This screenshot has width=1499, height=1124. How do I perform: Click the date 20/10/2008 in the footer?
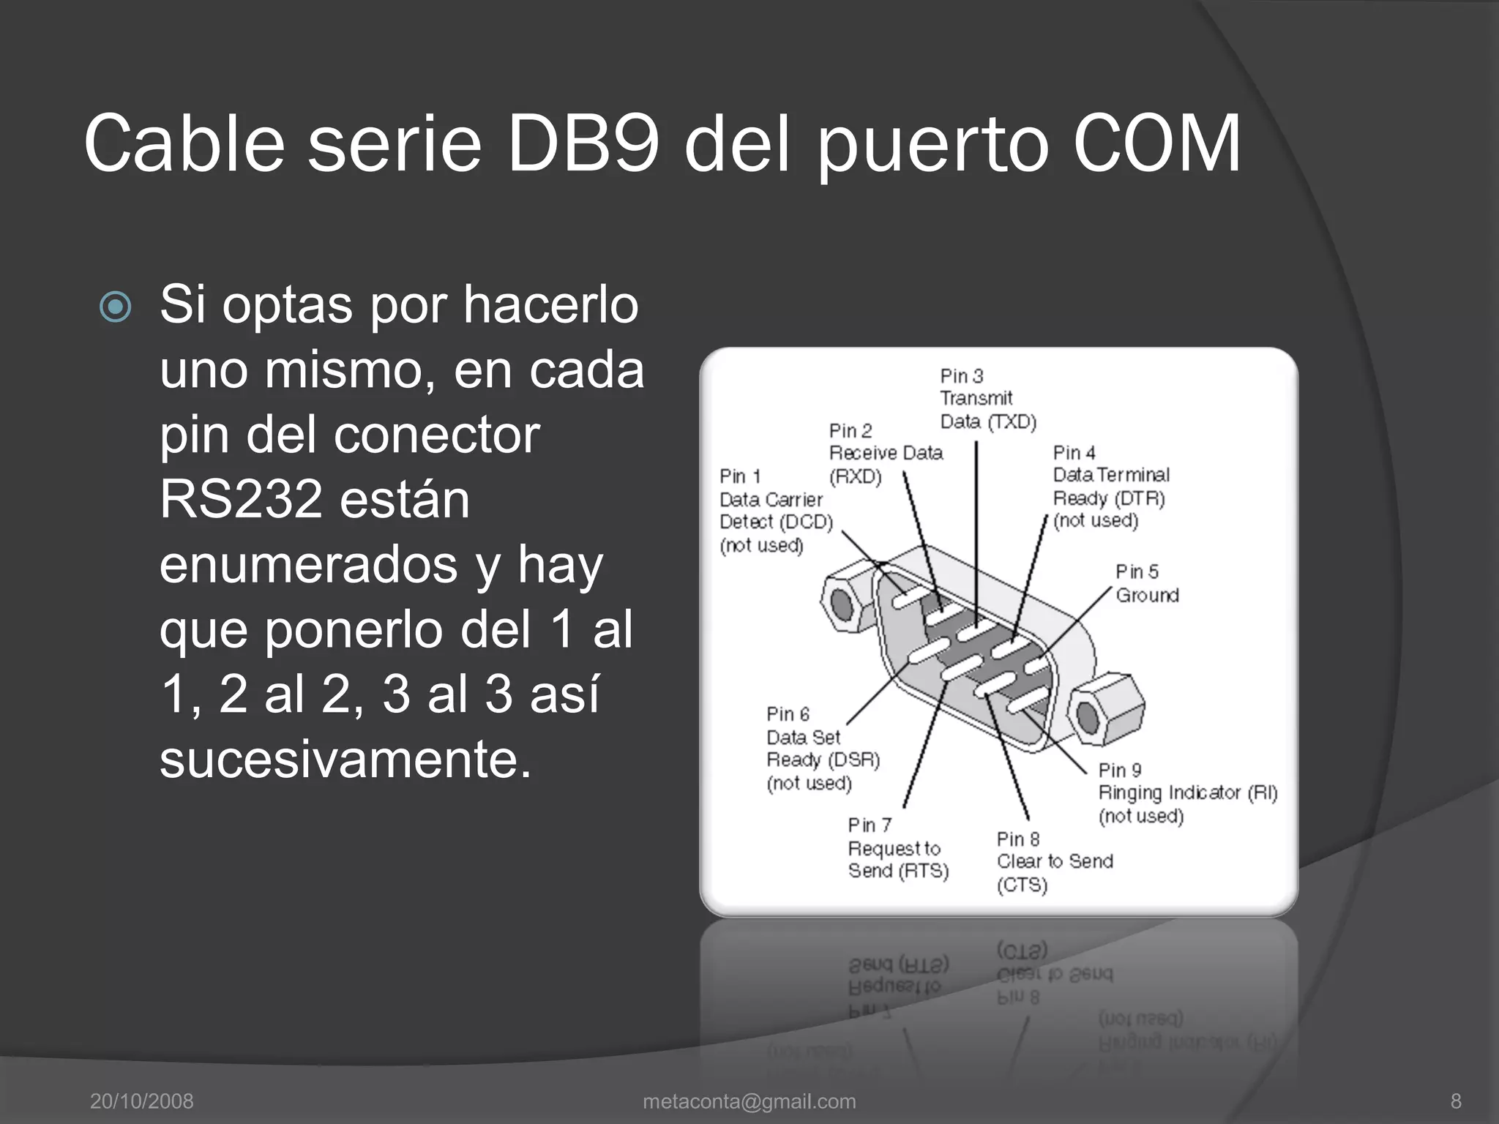[141, 1101]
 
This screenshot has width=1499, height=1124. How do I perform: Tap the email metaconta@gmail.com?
[749, 1101]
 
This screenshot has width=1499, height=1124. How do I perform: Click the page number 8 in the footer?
[1456, 1101]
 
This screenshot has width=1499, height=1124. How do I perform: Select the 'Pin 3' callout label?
[961, 376]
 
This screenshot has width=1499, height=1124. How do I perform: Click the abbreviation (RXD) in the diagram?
[855, 477]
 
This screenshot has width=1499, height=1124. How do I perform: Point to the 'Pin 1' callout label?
[740, 476]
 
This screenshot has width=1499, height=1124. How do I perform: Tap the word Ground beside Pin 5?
[1147, 596]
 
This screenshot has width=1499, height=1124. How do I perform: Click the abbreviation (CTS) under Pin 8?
[1022, 885]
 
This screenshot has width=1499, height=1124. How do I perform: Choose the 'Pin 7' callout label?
[870, 825]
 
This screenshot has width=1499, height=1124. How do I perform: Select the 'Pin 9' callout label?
[1120, 771]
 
